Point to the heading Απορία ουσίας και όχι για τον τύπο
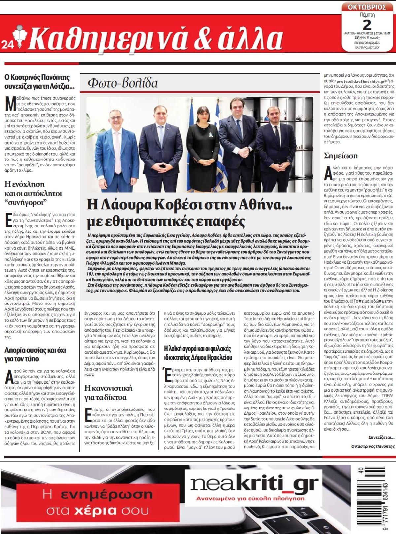pyautogui.click(x=26, y=355)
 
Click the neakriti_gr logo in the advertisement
pyautogui.click(x=255, y=484)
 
